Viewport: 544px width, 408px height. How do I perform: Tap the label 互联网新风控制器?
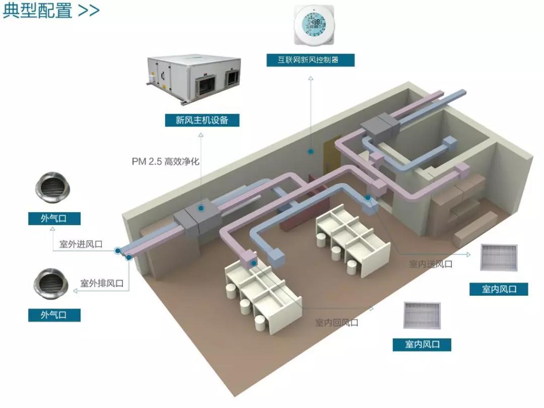(x=311, y=60)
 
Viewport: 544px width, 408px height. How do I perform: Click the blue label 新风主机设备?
(x=201, y=120)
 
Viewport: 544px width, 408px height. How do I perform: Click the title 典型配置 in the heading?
(x=38, y=11)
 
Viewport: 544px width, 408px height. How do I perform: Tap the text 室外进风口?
(x=81, y=244)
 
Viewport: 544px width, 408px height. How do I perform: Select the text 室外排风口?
(x=102, y=283)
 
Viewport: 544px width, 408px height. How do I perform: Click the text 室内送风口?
(x=430, y=263)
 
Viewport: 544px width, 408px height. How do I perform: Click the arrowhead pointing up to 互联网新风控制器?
(x=311, y=79)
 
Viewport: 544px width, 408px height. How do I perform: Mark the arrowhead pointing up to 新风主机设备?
(x=201, y=135)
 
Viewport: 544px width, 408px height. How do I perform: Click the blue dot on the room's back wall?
(x=311, y=151)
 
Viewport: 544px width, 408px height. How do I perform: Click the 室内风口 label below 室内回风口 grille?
(x=422, y=345)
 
